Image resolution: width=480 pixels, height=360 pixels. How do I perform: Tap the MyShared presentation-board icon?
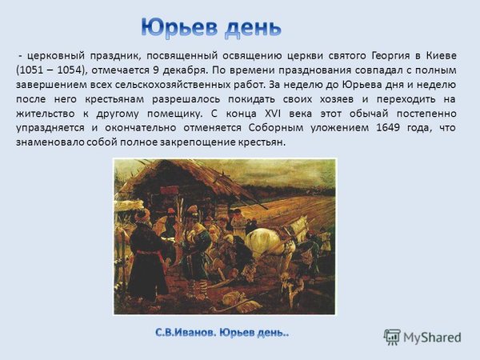392,336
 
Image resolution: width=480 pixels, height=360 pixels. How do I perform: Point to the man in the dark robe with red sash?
147,256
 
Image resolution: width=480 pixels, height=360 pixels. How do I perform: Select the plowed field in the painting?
288,192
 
